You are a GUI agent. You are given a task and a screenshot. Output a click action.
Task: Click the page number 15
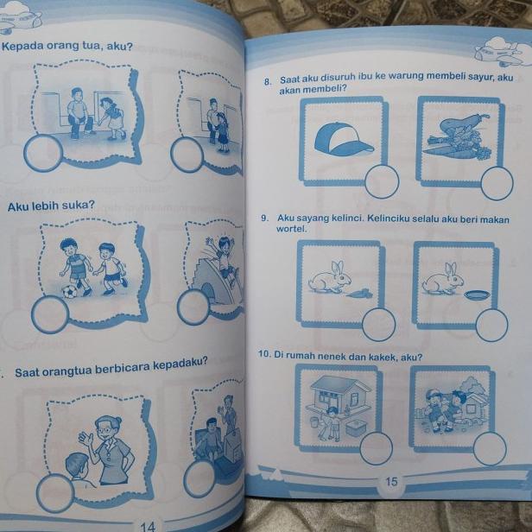pyautogui.click(x=391, y=482)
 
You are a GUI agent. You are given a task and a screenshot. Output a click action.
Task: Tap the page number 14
pyautogui.click(x=147, y=524)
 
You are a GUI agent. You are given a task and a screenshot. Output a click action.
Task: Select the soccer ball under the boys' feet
pyautogui.click(x=69, y=292)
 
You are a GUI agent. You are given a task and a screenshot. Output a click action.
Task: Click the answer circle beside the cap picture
pyautogui.click(x=381, y=180)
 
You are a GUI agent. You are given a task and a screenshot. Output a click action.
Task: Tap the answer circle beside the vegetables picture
pyautogui.click(x=497, y=183)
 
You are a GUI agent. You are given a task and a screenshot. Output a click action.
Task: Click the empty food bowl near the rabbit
pyautogui.click(x=474, y=295)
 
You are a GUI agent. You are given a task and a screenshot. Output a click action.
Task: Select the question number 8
pyautogui.click(x=269, y=82)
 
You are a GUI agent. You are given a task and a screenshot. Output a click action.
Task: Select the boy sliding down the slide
pyautogui.click(x=224, y=260)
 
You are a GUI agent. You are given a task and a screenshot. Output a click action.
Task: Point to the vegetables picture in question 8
pyautogui.click(x=458, y=138)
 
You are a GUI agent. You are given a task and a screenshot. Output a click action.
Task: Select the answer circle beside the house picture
pyautogui.click(x=376, y=447)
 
